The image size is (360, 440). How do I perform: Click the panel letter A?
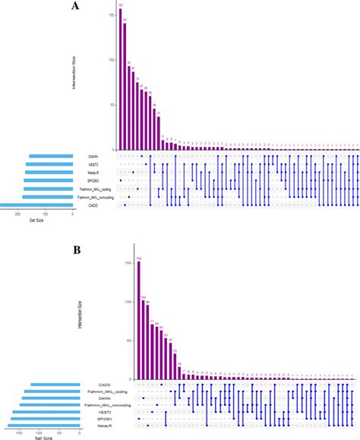74,7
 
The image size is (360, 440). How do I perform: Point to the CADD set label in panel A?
92,205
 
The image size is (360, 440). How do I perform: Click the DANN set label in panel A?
92,157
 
